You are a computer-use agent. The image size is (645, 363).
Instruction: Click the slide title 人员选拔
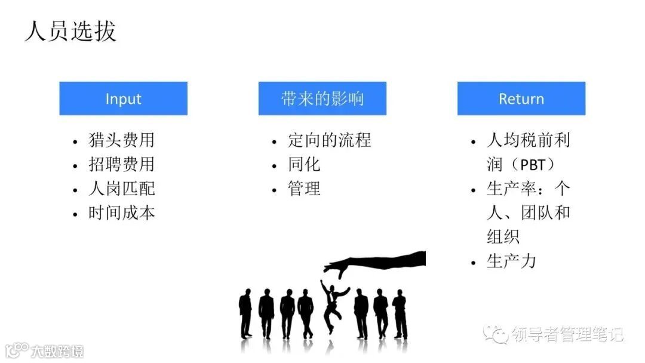pyautogui.click(x=70, y=30)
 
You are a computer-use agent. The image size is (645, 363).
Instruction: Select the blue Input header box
pyautogui.click(x=123, y=99)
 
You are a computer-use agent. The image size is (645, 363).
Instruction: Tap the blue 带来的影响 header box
pyautogui.click(x=322, y=99)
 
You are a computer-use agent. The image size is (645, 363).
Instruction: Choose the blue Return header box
pyautogui.click(x=521, y=99)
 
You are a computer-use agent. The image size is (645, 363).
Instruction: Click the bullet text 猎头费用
pyautogui.click(x=121, y=140)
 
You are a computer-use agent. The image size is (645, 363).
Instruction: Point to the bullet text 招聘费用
pyautogui.click(x=121, y=164)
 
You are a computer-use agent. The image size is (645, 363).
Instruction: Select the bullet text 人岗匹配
pyautogui.click(x=121, y=189)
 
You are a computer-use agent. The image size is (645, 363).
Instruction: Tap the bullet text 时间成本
pyautogui.click(x=121, y=213)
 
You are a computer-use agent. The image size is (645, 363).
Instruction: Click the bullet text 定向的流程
pyautogui.click(x=329, y=140)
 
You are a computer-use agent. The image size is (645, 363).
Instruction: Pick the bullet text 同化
pyautogui.click(x=304, y=164)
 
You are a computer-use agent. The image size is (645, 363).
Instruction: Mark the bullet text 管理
pyautogui.click(x=304, y=189)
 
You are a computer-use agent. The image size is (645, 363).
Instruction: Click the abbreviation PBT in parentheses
pyautogui.click(x=533, y=165)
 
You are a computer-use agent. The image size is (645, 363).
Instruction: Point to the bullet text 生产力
pyautogui.click(x=511, y=262)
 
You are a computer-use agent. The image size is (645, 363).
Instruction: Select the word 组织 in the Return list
pyautogui.click(x=503, y=237)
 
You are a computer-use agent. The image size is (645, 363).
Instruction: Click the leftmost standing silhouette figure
pyautogui.click(x=245, y=313)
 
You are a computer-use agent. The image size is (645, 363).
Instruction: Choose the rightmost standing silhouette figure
pyautogui.click(x=400, y=314)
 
